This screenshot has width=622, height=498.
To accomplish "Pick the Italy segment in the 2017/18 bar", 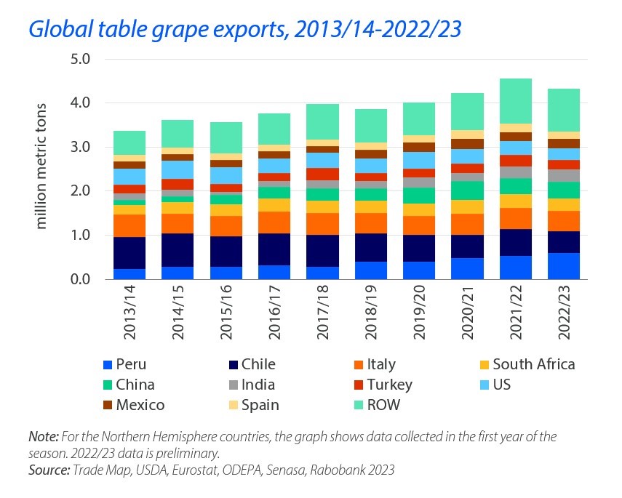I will point(322,223).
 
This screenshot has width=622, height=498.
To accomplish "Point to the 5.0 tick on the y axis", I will point(79,59).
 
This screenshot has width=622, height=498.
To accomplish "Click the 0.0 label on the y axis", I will point(79,280).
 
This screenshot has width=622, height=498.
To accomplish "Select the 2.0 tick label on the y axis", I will point(79,191).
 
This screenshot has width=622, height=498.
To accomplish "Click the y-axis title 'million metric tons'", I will point(41,169).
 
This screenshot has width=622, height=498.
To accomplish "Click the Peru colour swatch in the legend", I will point(105,365).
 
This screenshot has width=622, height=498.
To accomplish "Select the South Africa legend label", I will point(534,365).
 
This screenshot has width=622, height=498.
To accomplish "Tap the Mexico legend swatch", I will point(105,405).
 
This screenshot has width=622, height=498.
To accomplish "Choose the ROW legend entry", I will point(384,405).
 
